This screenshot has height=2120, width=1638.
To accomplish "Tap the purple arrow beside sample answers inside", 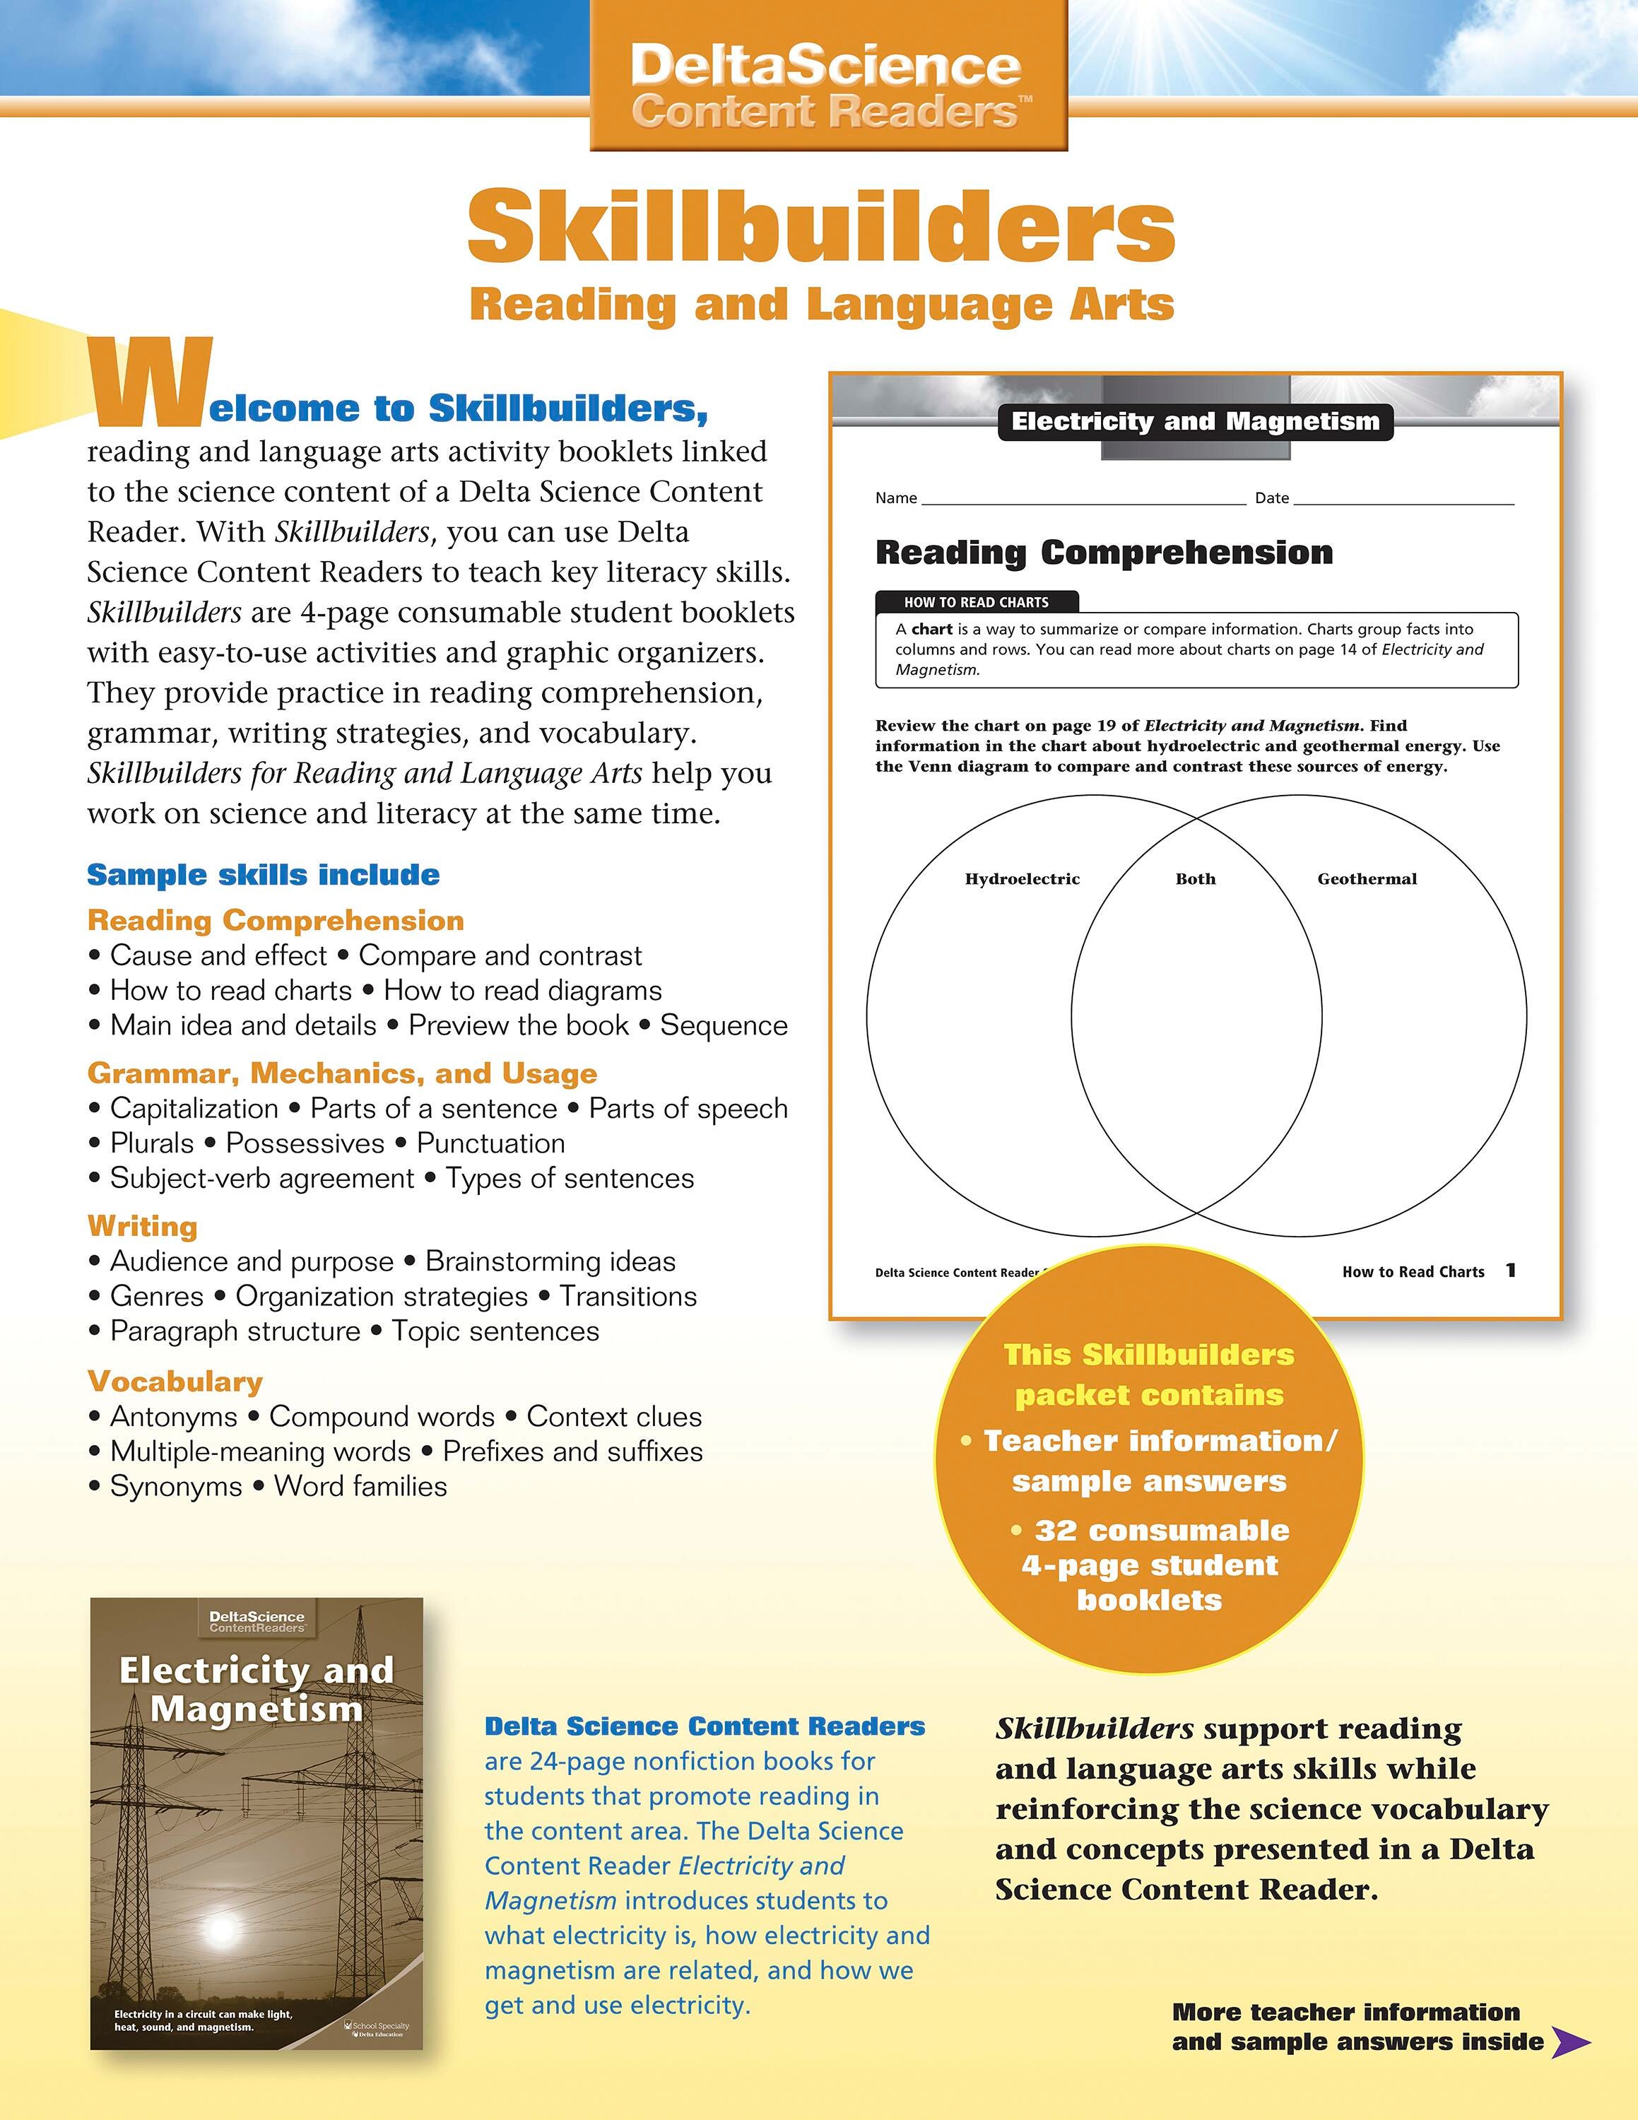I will (1571, 2042).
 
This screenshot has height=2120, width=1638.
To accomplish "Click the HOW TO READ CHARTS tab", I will (975, 602).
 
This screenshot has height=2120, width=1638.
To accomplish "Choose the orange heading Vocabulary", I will (175, 1382).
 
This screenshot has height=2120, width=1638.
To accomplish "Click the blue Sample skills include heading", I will (263, 875).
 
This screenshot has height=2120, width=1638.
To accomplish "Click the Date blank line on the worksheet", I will (1403, 501).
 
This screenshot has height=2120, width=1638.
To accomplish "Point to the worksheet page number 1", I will (1510, 1271).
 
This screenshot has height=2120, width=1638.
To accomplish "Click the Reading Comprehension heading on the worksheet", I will (1103, 553).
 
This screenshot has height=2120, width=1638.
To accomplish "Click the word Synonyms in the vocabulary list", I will (176, 1486).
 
